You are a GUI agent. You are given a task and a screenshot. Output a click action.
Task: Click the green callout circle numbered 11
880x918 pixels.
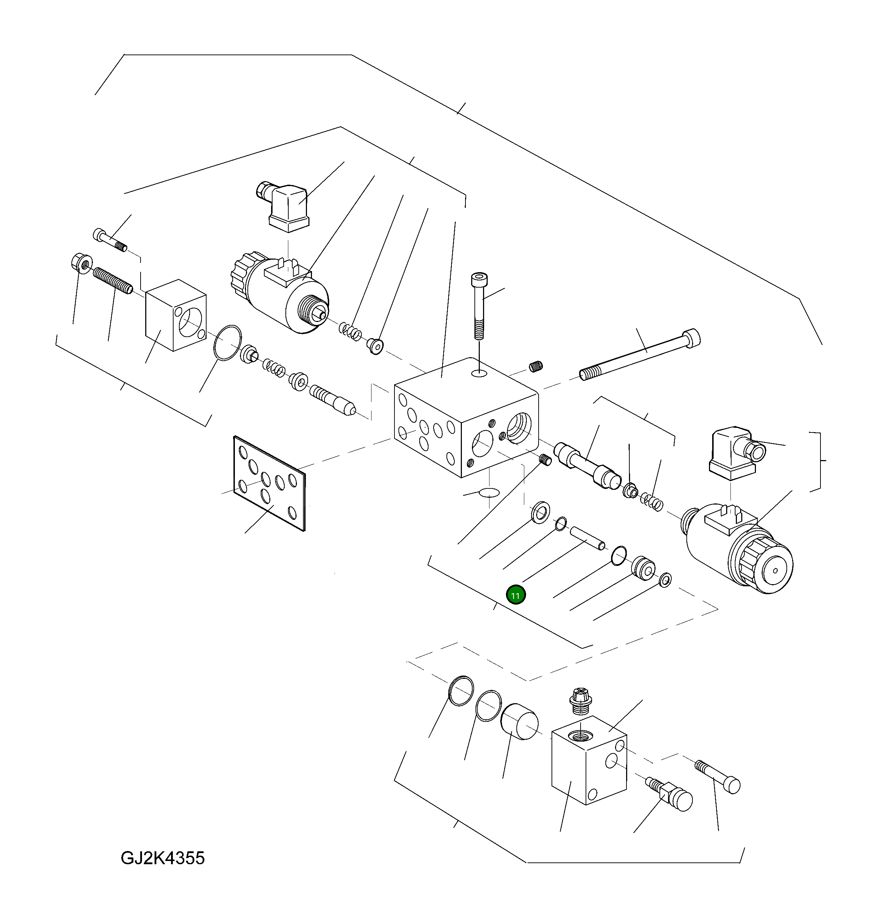click(515, 595)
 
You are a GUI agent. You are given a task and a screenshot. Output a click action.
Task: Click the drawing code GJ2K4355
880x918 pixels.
click(162, 858)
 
